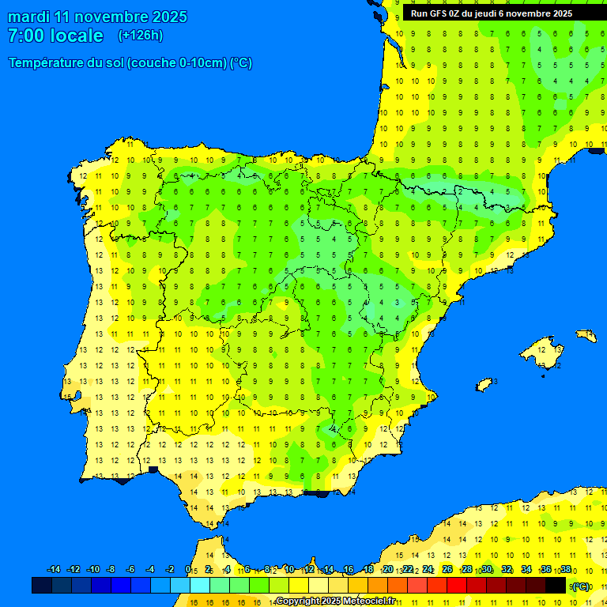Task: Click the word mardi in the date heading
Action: pos(29,17)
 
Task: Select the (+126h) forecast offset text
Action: pos(141,36)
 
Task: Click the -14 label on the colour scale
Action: pos(54,570)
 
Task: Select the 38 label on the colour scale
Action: pos(566,570)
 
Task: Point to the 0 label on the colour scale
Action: pos(187,570)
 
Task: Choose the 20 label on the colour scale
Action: pos(387,570)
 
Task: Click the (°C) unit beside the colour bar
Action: pos(581,586)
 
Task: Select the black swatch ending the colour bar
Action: pos(556,585)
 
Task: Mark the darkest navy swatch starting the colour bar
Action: pos(42,585)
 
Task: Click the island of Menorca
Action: pos(586,336)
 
